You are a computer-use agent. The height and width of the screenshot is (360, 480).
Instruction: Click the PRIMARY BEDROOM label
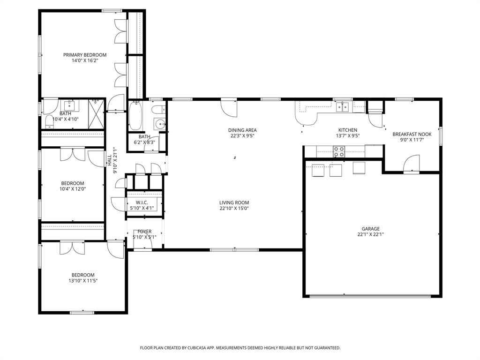[85, 55]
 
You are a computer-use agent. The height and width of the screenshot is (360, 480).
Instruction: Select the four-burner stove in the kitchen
[339, 152]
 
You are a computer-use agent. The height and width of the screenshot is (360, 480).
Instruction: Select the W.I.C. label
[142, 202]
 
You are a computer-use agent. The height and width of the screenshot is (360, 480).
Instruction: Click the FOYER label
[144, 232]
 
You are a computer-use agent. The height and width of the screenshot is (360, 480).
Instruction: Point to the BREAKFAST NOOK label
[412, 134]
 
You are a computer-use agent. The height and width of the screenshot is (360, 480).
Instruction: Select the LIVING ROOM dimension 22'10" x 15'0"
[234, 208]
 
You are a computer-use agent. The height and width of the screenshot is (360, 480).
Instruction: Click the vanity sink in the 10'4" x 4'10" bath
[71, 104]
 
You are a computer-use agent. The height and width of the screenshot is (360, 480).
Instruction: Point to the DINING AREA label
[242, 130]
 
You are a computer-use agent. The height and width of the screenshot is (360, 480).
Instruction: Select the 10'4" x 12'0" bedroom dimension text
[73, 189]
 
